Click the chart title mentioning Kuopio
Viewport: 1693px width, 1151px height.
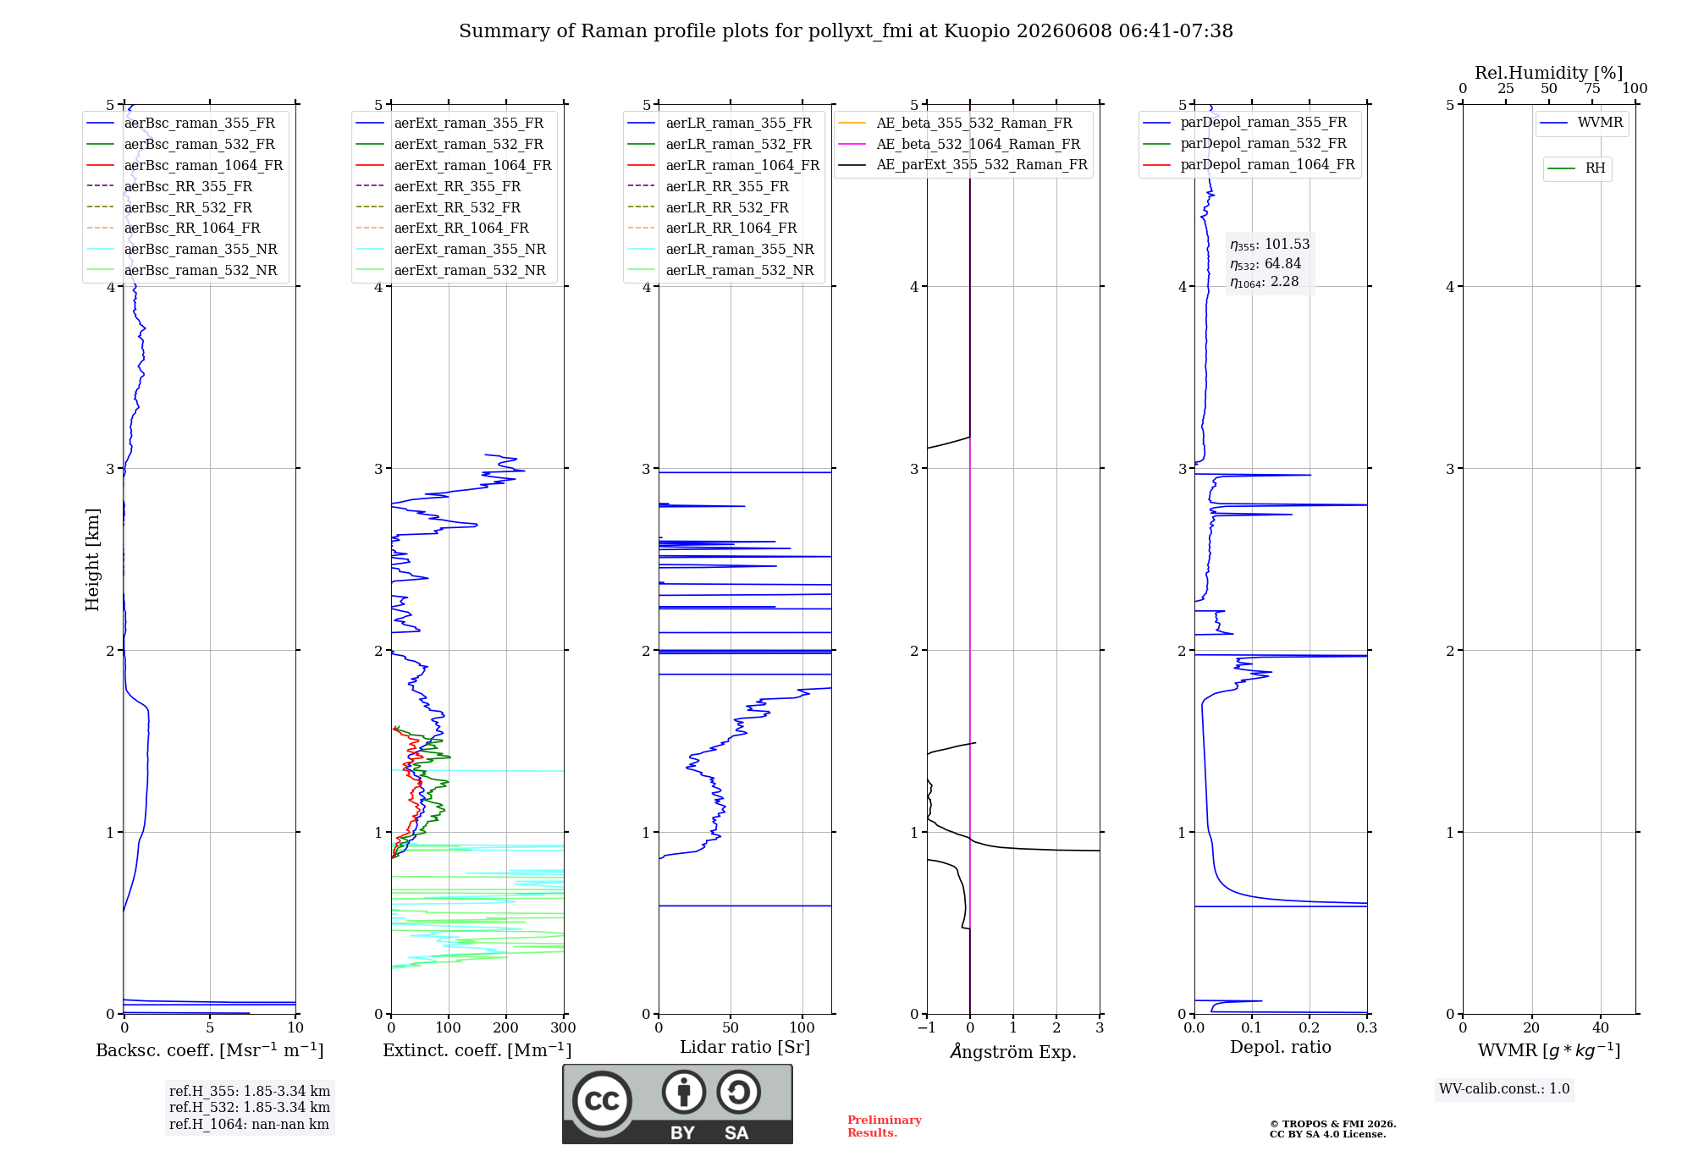pyautogui.click(x=846, y=31)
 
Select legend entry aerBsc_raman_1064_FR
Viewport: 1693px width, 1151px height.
pyautogui.click(x=185, y=166)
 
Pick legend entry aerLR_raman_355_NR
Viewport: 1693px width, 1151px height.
pyautogui.click(x=720, y=249)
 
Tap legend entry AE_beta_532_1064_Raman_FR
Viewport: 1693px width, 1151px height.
pyautogui.click(x=959, y=144)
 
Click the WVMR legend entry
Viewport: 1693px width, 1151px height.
pyautogui.click(x=1581, y=123)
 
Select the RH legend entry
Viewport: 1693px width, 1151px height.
pyautogui.click(x=1576, y=168)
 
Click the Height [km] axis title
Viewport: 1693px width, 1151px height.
pyautogui.click(x=92, y=559)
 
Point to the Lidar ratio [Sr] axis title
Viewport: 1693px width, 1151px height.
pyautogui.click(x=745, y=1047)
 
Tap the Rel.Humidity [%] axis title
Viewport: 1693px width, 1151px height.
pyautogui.click(x=1549, y=73)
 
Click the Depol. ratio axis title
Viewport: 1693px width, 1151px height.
pyautogui.click(x=1281, y=1047)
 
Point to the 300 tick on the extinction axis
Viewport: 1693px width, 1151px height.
pyautogui.click(x=563, y=1027)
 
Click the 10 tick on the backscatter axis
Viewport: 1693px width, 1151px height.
pyautogui.click(x=295, y=1027)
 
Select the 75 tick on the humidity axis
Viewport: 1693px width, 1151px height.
pyautogui.click(x=1592, y=88)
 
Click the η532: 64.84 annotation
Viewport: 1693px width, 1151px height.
pyautogui.click(x=1266, y=264)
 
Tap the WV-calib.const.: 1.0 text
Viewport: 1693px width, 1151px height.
pyautogui.click(x=1504, y=1089)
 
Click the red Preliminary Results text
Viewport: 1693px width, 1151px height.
pyautogui.click(x=885, y=1126)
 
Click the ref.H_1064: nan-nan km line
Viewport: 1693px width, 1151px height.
pyautogui.click(x=249, y=1125)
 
